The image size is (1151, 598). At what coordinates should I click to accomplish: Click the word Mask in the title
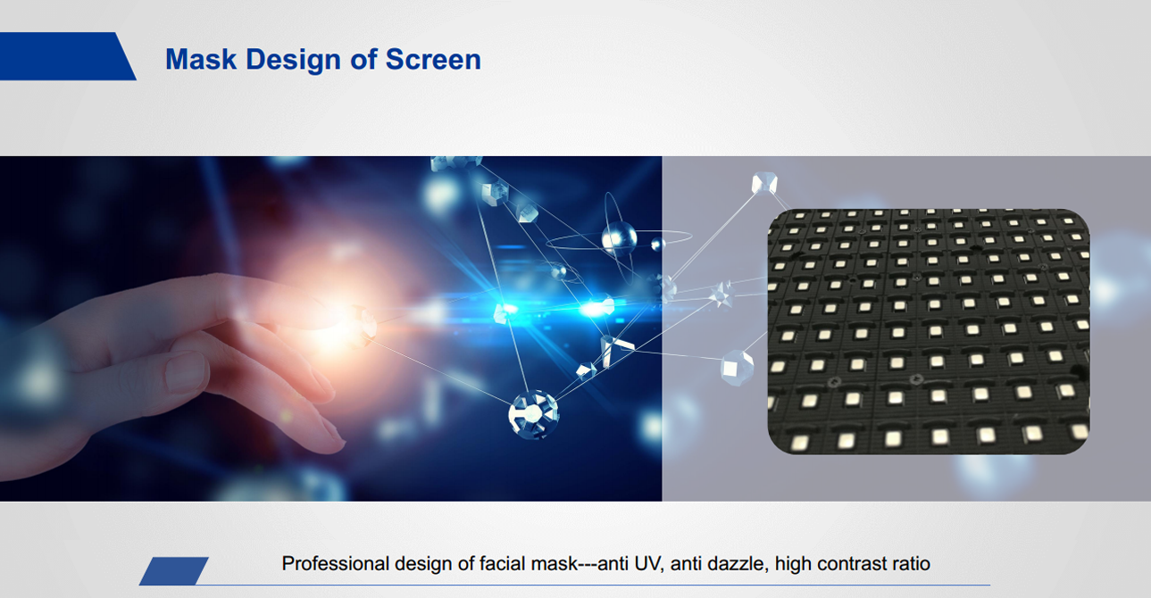201,59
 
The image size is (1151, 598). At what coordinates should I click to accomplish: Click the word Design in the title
293,61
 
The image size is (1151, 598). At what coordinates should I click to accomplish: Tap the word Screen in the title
433,59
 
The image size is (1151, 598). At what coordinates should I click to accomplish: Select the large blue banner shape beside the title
68,56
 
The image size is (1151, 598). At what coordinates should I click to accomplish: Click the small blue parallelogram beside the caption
174,570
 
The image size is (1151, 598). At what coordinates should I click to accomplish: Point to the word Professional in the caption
336,563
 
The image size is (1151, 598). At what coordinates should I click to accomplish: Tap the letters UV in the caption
646,563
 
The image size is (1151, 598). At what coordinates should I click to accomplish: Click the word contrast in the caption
852,563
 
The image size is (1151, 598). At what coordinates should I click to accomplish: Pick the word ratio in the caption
911,563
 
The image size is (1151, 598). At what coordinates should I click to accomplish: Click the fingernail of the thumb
186,371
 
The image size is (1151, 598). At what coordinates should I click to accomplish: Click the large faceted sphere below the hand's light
533,415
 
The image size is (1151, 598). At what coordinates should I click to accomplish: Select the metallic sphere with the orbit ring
619,239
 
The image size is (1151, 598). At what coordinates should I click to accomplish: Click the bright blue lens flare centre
508,310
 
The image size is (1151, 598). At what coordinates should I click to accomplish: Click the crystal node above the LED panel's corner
764,183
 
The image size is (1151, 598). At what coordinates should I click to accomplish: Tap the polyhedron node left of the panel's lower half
737,367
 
